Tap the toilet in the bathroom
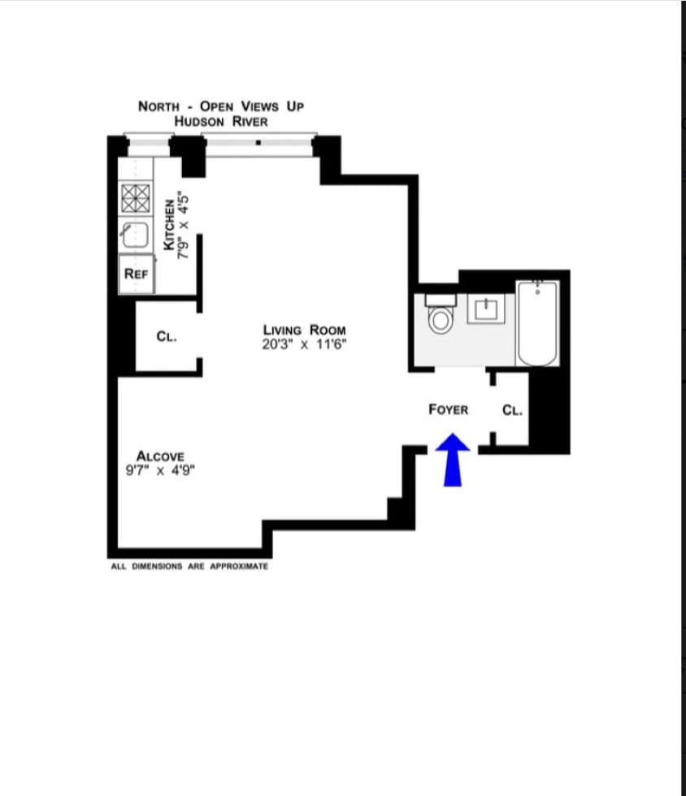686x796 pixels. [x=441, y=317]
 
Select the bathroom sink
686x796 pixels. [x=486, y=309]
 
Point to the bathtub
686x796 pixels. [x=537, y=322]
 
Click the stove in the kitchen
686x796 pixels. [x=136, y=197]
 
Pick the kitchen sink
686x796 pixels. [x=134, y=236]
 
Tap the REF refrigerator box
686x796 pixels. [x=136, y=274]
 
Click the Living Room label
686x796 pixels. [x=304, y=330]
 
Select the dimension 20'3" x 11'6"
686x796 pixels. [x=304, y=344]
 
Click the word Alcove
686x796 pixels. [x=160, y=456]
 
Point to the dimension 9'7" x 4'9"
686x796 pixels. [x=160, y=470]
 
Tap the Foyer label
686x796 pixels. [x=449, y=409]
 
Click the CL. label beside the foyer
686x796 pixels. [x=512, y=410]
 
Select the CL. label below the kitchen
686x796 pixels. [x=167, y=336]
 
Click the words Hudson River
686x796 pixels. [x=221, y=121]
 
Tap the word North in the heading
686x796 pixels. [x=158, y=106]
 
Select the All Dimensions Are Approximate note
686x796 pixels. [x=189, y=566]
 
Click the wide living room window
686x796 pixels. [x=258, y=144]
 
